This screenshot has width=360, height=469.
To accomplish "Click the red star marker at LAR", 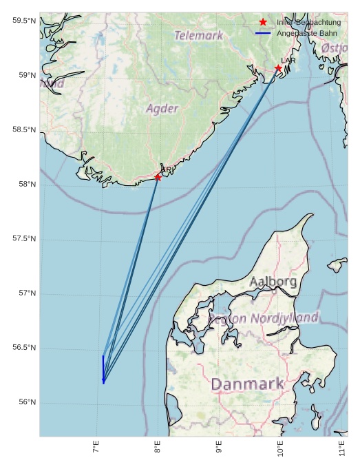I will tap(278, 68).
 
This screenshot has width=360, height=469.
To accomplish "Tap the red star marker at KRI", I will tap(158, 177).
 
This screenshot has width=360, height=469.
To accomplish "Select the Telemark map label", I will tap(198, 35).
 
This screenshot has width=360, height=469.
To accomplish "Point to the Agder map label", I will tap(162, 109).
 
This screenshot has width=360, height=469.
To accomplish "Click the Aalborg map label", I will tap(273, 282).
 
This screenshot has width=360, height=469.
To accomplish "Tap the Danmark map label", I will tap(247, 384).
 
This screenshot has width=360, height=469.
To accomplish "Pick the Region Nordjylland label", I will tap(264, 318).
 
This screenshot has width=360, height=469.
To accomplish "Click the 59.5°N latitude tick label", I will tap(23, 21).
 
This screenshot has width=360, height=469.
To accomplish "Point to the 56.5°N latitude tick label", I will tap(23, 348).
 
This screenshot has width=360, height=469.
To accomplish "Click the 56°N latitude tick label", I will tap(26, 402).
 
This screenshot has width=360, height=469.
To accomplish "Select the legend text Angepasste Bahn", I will tap(307, 33).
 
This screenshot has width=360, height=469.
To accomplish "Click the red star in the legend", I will tap(263, 22).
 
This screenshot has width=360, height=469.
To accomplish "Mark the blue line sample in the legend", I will tap(263, 33).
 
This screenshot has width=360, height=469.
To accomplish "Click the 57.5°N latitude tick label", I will tap(23, 238).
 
